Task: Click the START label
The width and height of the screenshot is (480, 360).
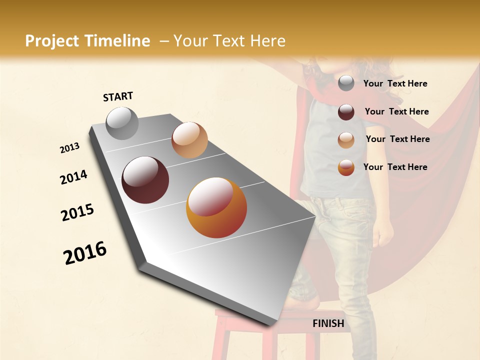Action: [118, 96]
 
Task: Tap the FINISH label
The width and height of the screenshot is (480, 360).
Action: [328, 323]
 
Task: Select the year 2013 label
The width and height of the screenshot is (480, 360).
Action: [70, 148]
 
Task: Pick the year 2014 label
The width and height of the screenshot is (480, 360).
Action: [73, 177]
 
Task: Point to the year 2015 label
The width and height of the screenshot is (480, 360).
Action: [77, 212]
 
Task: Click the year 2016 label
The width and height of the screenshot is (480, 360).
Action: [85, 253]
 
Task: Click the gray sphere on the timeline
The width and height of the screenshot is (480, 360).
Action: [122, 123]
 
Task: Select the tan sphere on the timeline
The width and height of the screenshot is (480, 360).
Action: [189, 140]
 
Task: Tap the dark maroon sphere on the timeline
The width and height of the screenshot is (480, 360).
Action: [145, 180]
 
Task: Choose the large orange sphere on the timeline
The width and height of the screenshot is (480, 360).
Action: [216, 207]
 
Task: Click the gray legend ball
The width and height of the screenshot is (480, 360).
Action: [346, 83]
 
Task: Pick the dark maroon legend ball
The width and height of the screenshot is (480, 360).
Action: [346, 112]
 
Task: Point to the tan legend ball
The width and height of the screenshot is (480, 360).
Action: [346, 139]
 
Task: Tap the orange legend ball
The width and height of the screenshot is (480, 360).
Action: [346, 167]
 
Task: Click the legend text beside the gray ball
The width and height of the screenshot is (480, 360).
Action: [395, 83]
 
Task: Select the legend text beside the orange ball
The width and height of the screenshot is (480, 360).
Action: [395, 167]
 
